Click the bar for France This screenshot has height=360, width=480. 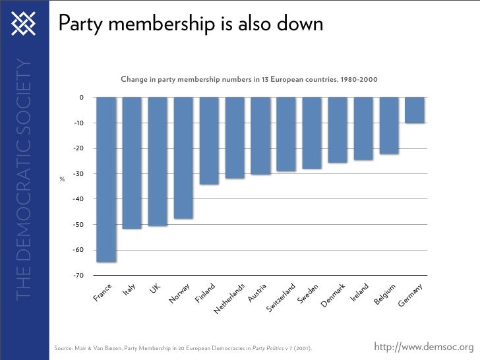107,179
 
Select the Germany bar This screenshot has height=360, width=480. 415,110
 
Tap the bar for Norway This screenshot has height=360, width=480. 184,158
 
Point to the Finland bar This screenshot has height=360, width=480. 210,140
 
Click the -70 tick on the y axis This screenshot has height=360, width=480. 78,275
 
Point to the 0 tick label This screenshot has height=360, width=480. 80,98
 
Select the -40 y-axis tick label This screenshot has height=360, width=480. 78,199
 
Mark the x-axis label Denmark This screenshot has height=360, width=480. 333,295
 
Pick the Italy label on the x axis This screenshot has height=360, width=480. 129,291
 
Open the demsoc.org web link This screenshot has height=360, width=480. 423,347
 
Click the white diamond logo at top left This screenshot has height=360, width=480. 24,24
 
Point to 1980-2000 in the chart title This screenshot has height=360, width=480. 359,80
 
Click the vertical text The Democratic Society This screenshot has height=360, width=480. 24,178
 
